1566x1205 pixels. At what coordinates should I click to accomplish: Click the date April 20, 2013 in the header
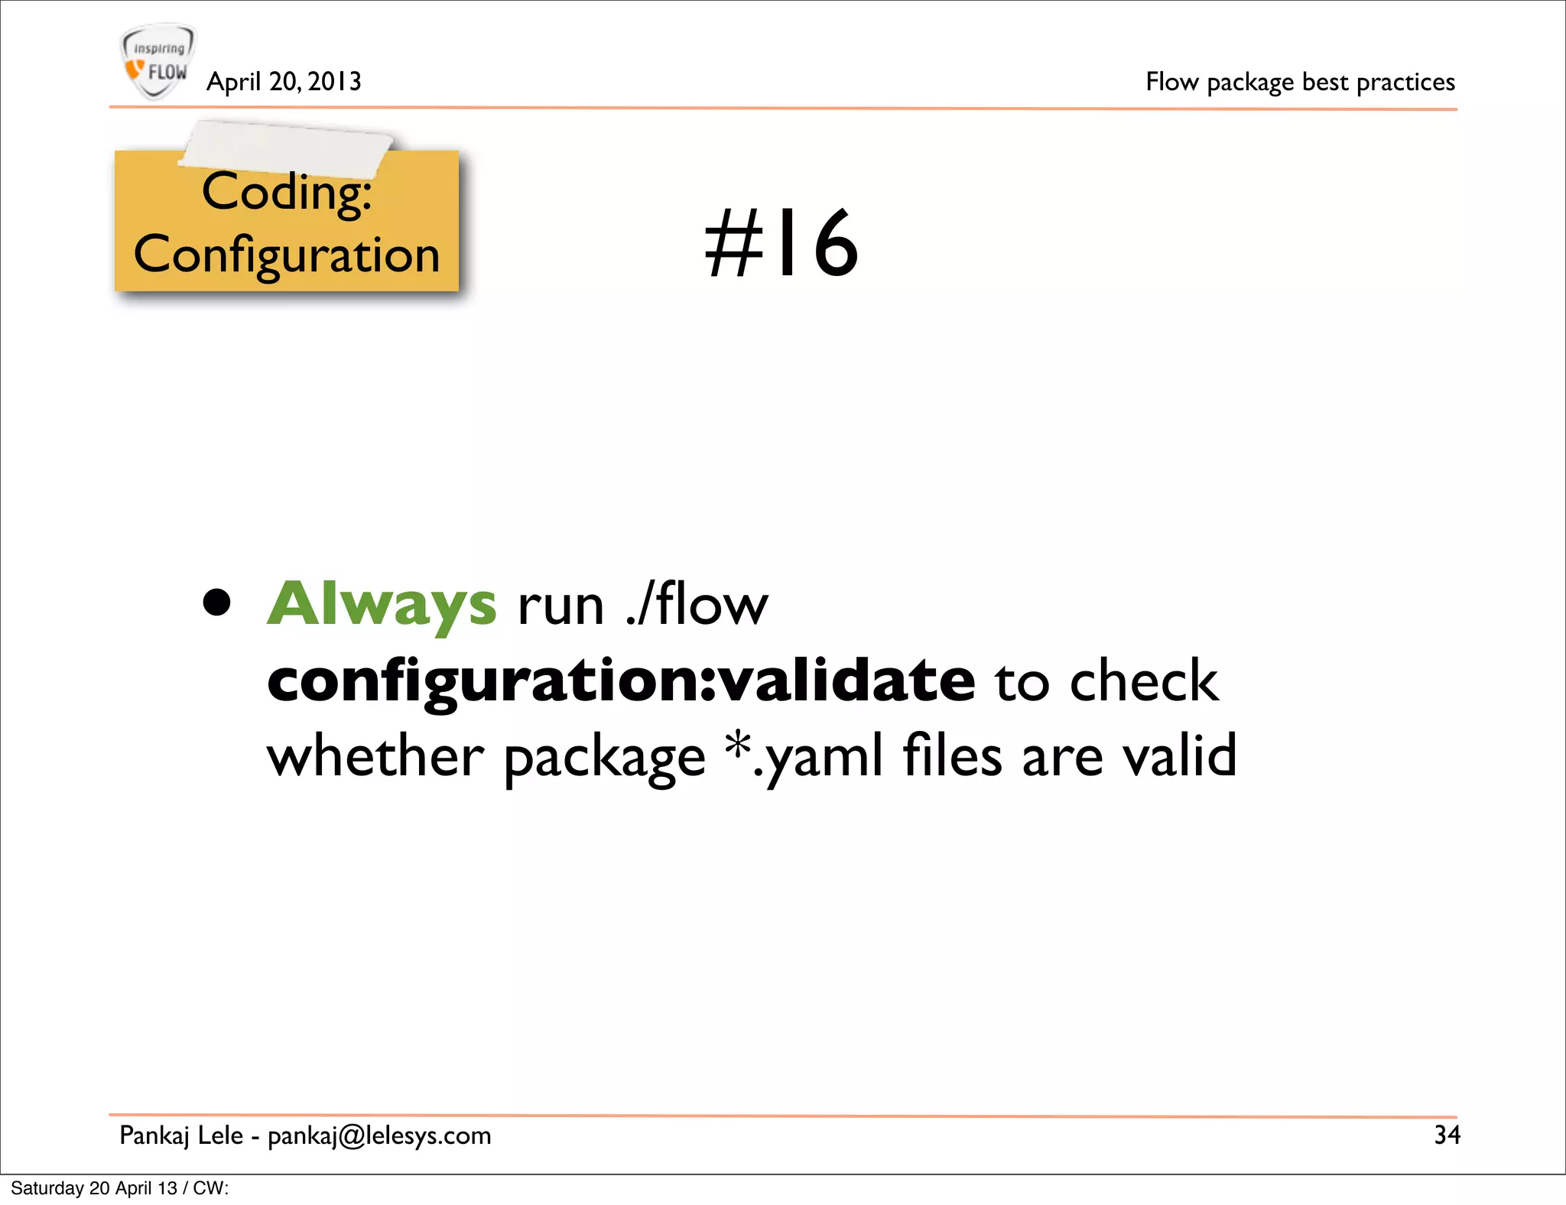pos(284,81)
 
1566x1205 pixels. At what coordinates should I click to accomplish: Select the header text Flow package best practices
pos(1300,82)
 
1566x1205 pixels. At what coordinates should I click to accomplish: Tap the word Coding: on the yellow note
pos(287,193)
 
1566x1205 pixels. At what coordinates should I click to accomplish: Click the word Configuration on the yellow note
pos(287,255)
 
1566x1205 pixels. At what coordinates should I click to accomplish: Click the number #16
pos(781,243)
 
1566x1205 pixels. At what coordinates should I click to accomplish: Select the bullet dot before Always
pos(217,602)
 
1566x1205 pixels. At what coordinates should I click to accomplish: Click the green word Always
pos(382,604)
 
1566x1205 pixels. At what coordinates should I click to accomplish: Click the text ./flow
pos(696,604)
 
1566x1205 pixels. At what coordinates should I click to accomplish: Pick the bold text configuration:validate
pos(621,680)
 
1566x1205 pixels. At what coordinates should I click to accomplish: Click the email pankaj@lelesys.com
pos(379,1135)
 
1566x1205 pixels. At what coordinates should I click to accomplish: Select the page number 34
pos(1447,1135)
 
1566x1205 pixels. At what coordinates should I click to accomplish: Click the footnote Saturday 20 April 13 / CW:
pos(120,1188)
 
